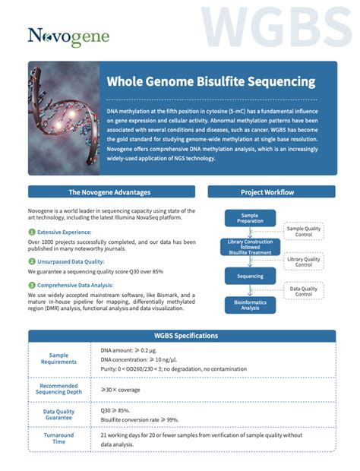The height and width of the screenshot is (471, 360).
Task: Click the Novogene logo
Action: (69, 36)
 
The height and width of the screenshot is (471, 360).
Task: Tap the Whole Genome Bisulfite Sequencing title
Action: (210, 81)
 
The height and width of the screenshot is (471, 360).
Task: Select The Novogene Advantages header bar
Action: (109, 192)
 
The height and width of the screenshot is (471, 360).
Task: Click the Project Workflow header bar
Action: (267, 192)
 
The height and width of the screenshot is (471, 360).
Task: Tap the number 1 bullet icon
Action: (32, 232)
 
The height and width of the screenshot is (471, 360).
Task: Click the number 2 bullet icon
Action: (32, 260)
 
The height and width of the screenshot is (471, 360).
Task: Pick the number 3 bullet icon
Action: (32, 286)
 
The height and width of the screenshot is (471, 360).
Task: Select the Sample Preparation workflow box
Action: (250, 219)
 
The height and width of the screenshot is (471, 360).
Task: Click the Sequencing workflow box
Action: (250, 276)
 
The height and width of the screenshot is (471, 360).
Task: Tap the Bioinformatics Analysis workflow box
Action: (250, 305)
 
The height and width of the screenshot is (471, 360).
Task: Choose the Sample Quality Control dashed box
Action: (304, 232)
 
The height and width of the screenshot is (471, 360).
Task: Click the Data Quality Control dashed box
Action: (304, 290)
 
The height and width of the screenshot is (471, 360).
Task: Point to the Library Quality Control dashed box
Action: (304, 262)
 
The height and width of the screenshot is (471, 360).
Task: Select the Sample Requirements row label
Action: (64, 358)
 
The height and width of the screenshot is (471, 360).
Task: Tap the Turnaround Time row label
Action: (59, 438)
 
